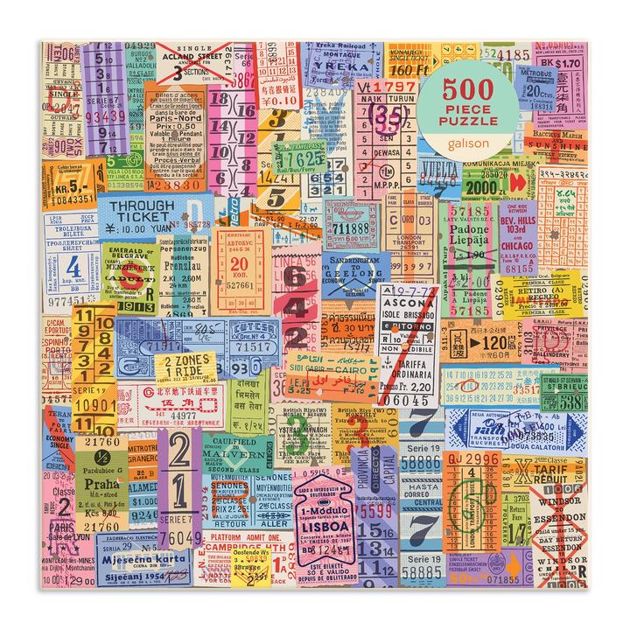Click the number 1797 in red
[394, 87]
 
